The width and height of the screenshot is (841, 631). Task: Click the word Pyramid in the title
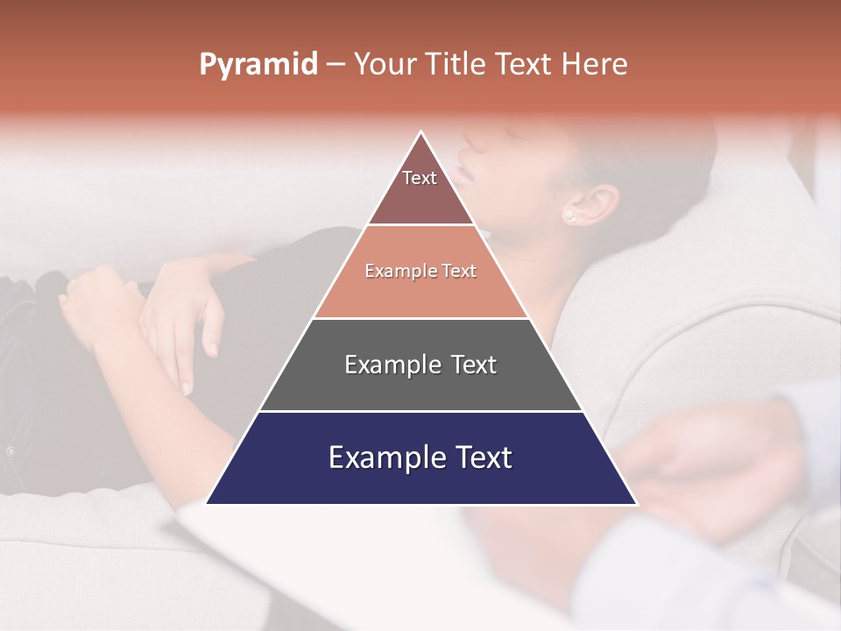pyautogui.click(x=258, y=65)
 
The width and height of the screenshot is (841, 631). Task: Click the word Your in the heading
pyautogui.click(x=382, y=64)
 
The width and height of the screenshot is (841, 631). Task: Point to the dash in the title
pyautogui.click(x=336, y=65)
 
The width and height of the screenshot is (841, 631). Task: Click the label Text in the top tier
pyautogui.click(x=420, y=178)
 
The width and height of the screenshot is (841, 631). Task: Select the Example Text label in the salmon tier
pyautogui.click(x=420, y=271)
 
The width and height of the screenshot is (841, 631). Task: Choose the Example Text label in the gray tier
pyautogui.click(x=420, y=365)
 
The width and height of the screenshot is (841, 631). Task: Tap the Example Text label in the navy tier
pyautogui.click(x=420, y=457)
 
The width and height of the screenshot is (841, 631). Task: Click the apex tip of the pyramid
pyautogui.click(x=421, y=132)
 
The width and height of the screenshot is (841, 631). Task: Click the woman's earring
pyautogui.click(x=569, y=215)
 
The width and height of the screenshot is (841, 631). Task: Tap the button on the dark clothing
pyautogui.click(x=11, y=450)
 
